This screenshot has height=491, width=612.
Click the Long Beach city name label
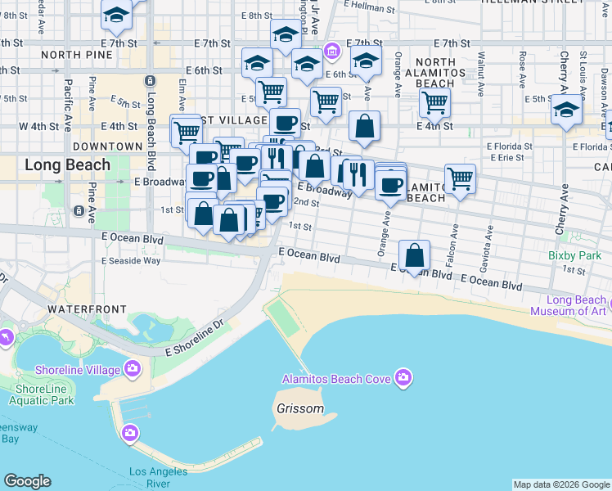tap(67, 165)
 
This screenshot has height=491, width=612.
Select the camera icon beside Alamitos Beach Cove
tap(403, 378)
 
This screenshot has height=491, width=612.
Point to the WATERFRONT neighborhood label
tap(87, 309)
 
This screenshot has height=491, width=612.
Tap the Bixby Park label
tap(574, 256)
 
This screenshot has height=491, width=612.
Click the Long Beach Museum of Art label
tap(568, 305)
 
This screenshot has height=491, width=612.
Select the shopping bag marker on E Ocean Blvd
tap(416, 255)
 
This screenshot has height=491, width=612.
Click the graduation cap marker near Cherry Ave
tap(566, 109)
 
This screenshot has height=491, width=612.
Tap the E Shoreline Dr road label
tap(195, 338)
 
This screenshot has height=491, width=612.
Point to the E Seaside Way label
tap(131, 260)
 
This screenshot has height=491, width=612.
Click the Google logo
tap(27, 481)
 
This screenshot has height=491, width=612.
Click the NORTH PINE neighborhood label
tap(75, 55)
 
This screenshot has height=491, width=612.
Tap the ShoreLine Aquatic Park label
tap(44, 394)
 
